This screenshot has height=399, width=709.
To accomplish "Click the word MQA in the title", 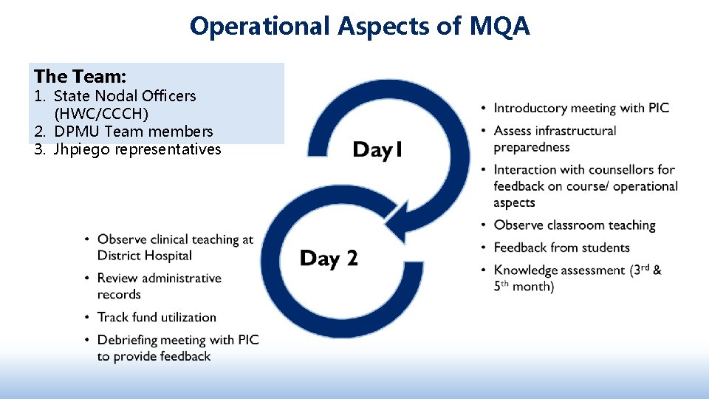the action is (499, 27).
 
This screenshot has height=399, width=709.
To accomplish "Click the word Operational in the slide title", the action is (260, 27).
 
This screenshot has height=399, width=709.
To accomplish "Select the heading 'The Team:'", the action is (80, 76).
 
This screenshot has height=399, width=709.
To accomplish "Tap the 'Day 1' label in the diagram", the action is (377, 150).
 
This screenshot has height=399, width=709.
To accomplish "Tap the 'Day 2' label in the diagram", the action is (329, 258).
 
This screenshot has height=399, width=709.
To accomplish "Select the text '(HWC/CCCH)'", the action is (101, 114).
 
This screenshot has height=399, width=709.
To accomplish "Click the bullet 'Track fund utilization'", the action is (157, 317).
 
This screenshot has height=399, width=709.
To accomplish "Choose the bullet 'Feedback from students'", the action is (561, 248).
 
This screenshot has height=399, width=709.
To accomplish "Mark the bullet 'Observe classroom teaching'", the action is (575, 225).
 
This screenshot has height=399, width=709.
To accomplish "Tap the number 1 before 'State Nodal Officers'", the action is (38, 96).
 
